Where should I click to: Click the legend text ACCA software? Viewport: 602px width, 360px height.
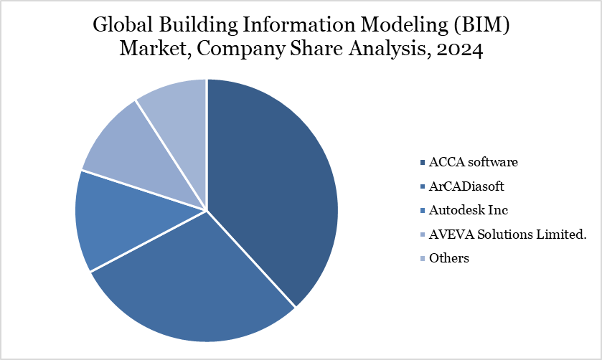click(x=473, y=161)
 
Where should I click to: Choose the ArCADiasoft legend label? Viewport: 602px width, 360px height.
click(x=466, y=186)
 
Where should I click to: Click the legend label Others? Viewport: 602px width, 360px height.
click(x=448, y=258)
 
